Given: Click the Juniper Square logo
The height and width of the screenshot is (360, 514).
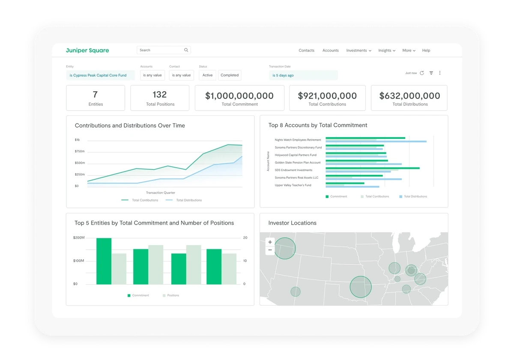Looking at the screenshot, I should coord(87,51).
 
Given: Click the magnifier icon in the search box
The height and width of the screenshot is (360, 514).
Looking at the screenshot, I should coord(186,50).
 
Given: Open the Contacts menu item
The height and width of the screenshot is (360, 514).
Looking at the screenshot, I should coord(306,51).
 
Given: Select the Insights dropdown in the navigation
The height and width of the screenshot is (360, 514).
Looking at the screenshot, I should coord(386,51).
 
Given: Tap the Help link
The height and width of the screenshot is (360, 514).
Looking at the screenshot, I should coord(426,51).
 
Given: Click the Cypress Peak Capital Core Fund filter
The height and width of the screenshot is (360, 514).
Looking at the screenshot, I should coord(100,75).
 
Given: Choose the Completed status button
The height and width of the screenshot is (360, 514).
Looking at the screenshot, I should coord(230,75).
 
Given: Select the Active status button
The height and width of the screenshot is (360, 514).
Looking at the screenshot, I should coord(207,75).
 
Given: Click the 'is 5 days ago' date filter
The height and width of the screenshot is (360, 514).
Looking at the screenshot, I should coord(303,75).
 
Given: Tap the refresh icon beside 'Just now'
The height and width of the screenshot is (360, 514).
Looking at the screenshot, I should coord(422,73).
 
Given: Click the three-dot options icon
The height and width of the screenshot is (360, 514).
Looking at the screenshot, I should coord(440,73).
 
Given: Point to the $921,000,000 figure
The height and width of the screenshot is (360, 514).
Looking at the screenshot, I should coord(327,96).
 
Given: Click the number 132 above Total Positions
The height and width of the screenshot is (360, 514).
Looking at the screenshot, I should coord(159,95).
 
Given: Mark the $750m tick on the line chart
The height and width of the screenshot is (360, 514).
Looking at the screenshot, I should coord(80,151).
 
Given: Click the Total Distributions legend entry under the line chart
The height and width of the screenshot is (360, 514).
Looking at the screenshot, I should coord(188,200).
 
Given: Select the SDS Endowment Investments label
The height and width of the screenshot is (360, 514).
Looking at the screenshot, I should coord(293,170).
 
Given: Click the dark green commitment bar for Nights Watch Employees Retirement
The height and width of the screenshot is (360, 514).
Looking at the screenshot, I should coord(365,138).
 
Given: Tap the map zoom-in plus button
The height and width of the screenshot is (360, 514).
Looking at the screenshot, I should coord(270,242).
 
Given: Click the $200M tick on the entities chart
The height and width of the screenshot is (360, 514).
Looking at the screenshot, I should coord(78,237).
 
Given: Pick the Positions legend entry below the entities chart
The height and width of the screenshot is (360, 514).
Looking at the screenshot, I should coord(173,295).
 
